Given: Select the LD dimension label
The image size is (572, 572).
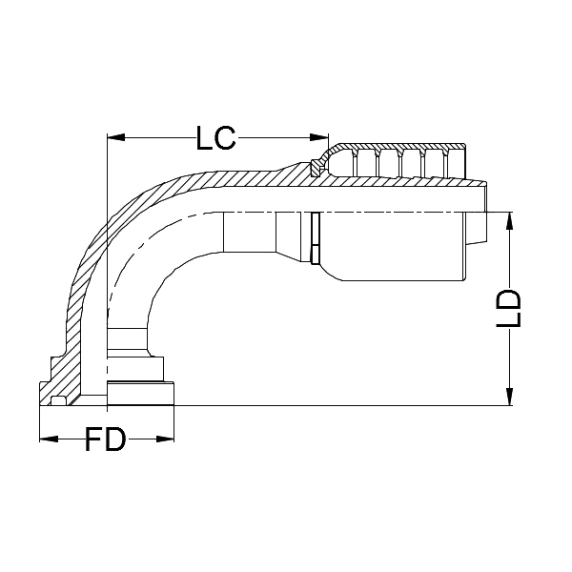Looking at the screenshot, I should (x=512, y=308).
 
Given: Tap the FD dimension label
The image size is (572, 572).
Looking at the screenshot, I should (x=106, y=440).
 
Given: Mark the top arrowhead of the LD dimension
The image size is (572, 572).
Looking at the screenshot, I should (x=512, y=218).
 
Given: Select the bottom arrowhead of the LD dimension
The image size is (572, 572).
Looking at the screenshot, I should (x=512, y=398).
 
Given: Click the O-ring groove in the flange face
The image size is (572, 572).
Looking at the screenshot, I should (x=59, y=400).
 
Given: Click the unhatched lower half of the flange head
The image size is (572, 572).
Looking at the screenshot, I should (x=140, y=394).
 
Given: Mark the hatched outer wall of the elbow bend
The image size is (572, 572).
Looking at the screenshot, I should (x=95, y=238).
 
